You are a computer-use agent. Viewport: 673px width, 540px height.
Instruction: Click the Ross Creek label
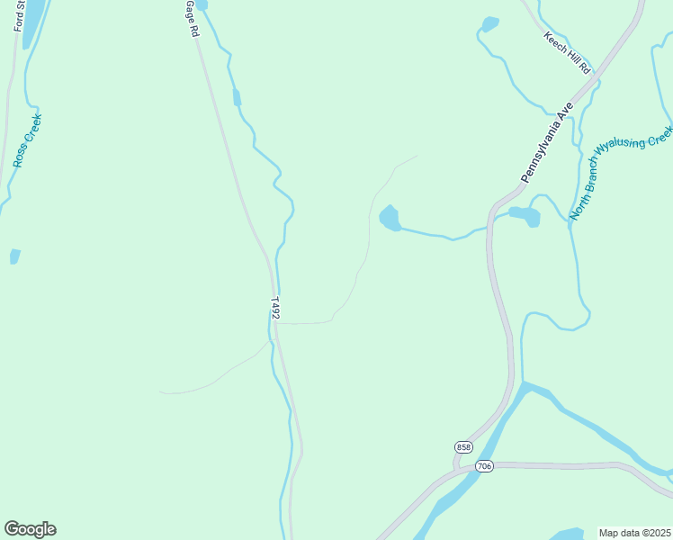(x=27, y=140)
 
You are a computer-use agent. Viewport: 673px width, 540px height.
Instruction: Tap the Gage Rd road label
(x=191, y=18)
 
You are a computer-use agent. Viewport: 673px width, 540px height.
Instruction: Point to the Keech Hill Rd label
(x=568, y=53)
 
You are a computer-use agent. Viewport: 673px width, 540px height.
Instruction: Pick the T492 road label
(x=275, y=308)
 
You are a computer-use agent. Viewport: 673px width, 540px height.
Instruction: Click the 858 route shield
(x=463, y=447)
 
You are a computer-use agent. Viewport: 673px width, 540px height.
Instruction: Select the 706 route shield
(x=485, y=465)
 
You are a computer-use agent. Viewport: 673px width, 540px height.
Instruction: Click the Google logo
(x=30, y=529)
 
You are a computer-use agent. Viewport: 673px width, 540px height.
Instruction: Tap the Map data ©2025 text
(x=634, y=533)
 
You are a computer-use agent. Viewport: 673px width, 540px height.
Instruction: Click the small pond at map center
(x=390, y=218)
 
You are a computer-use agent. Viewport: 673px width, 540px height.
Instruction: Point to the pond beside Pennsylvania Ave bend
(x=525, y=215)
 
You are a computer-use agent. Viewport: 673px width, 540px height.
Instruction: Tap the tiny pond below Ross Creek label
(x=14, y=256)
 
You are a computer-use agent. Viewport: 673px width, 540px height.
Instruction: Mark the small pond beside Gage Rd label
(x=202, y=5)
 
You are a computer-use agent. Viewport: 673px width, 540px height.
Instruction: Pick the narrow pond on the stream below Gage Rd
(x=237, y=97)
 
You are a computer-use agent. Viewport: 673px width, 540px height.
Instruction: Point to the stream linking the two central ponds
(x=445, y=236)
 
